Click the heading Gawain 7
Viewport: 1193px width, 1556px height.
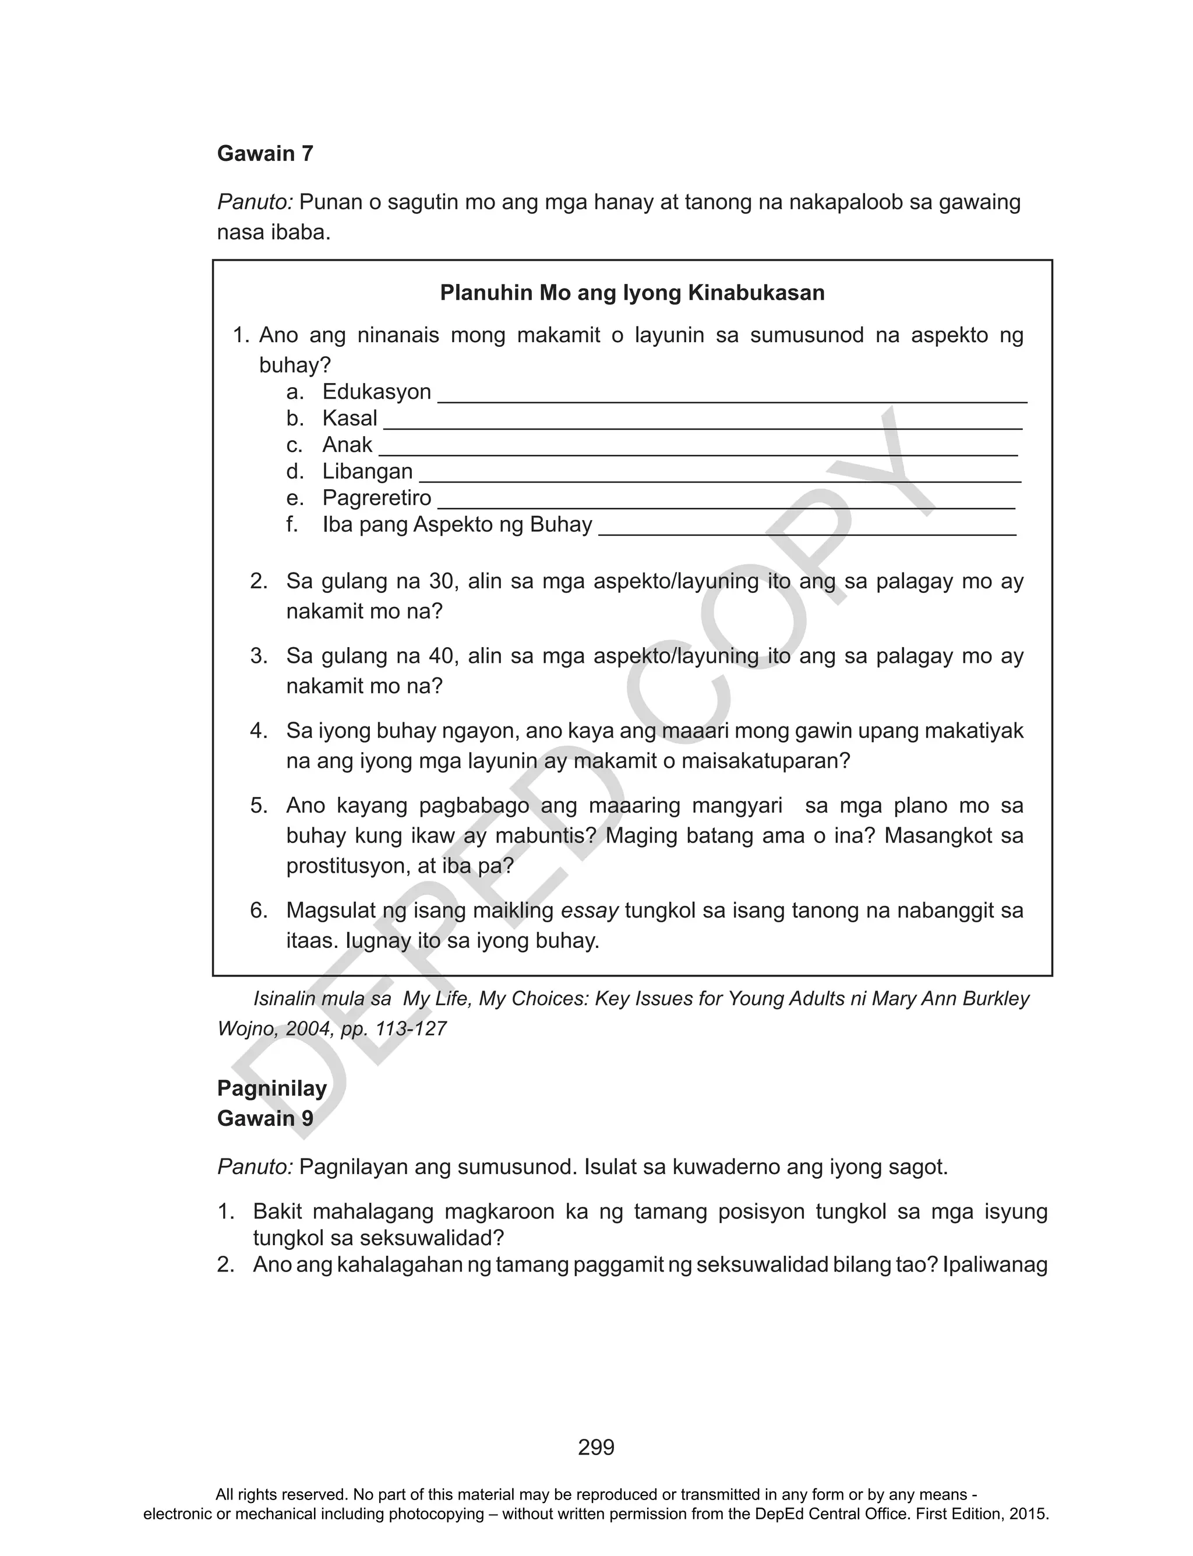tap(265, 153)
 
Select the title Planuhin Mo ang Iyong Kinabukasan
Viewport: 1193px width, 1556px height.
tap(632, 293)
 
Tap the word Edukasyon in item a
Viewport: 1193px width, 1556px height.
tap(376, 392)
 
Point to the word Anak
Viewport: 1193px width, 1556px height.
tap(347, 445)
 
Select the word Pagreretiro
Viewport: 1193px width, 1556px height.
tap(376, 498)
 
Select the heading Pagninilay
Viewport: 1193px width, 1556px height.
tap(272, 1088)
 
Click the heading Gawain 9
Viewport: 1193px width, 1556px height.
tap(265, 1118)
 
